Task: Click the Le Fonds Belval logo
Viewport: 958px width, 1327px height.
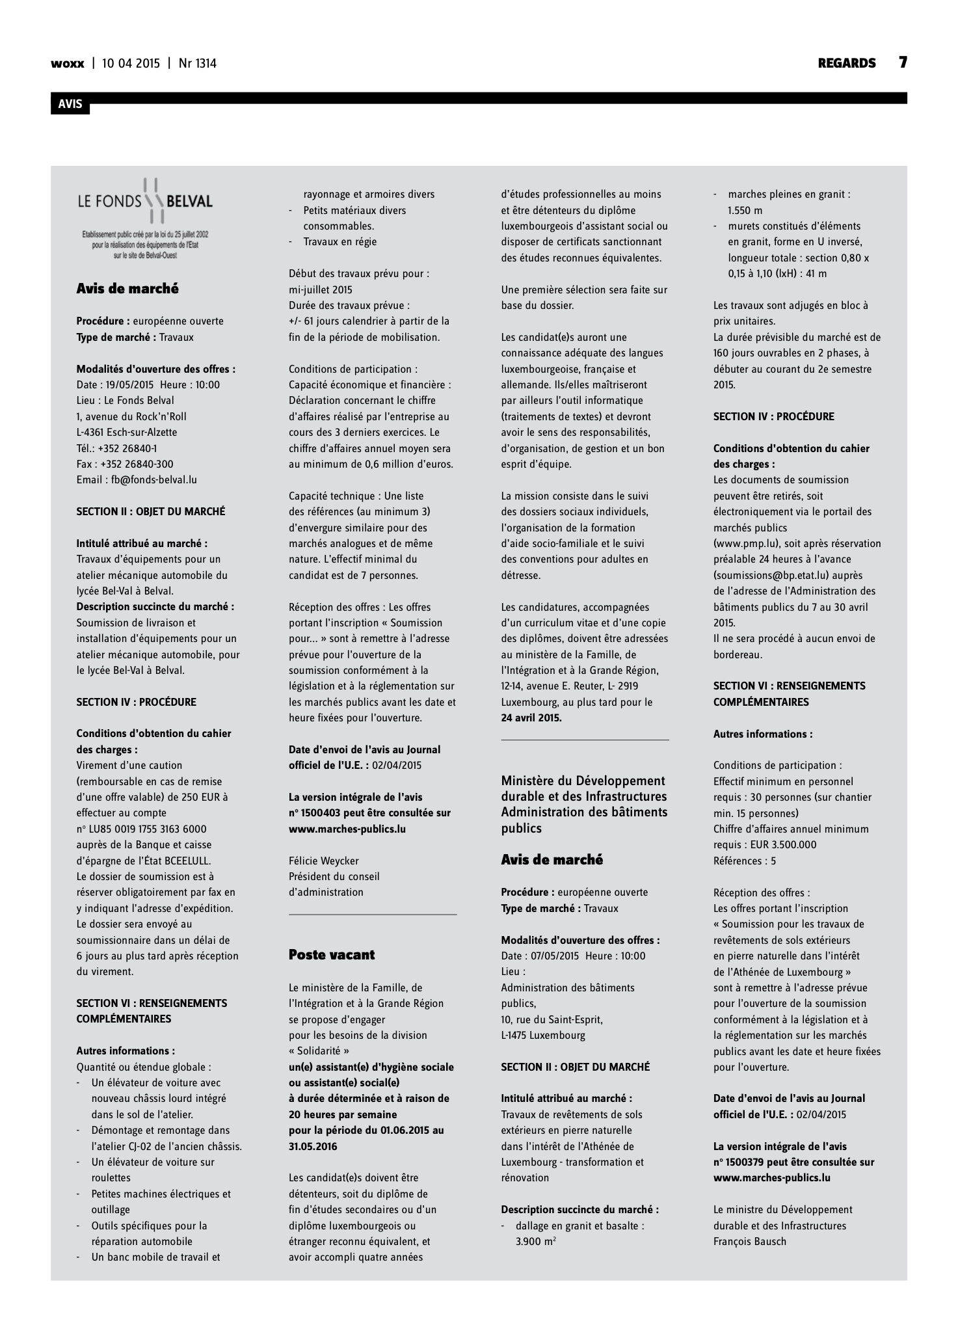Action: pyautogui.click(x=145, y=218)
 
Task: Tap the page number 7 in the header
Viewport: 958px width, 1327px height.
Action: pyautogui.click(x=903, y=62)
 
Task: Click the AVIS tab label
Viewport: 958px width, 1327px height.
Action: pyautogui.click(x=70, y=103)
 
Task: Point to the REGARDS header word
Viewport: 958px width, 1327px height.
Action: pyautogui.click(x=847, y=63)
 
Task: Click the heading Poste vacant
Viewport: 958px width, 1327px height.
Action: pyautogui.click(x=332, y=955)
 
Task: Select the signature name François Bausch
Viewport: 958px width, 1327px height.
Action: pyautogui.click(x=750, y=1241)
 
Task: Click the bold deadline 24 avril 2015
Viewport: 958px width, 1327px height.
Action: pyautogui.click(x=531, y=718)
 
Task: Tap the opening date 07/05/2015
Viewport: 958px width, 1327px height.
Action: pyautogui.click(x=554, y=956)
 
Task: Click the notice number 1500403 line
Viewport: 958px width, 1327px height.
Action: pyautogui.click(x=369, y=813)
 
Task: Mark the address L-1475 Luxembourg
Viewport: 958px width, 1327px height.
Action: pyautogui.click(x=543, y=1035)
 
